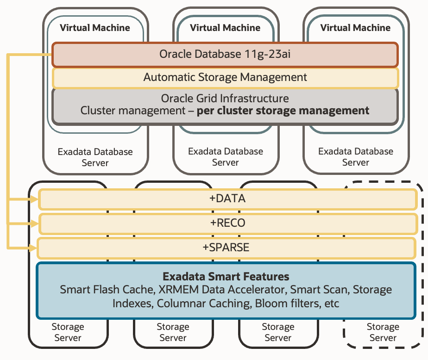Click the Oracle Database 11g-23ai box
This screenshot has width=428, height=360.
(225, 55)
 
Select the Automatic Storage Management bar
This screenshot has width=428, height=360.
(225, 77)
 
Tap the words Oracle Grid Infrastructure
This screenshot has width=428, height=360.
(225, 98)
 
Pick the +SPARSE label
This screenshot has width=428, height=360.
(226, 247)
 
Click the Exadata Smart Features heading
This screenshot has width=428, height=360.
(226, 277)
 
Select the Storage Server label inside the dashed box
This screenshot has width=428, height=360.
(383, 332)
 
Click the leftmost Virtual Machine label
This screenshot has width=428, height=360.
(95, 28)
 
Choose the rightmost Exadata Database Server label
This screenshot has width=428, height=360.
(356, 157)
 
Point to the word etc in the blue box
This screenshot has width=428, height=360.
(331, 304)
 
